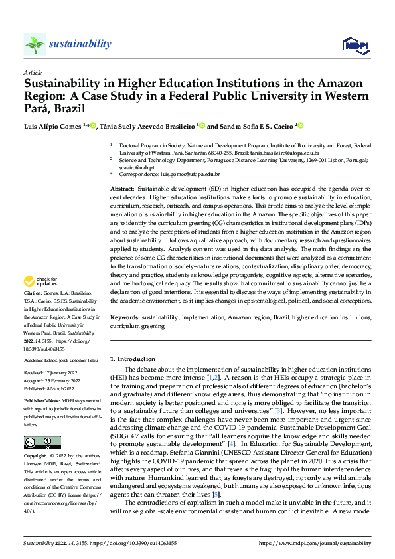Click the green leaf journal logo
(35, 44)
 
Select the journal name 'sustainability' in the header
(80, 44)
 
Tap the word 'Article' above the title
(33, 72)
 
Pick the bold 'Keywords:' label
(126, 318)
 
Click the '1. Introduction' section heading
(132, 359)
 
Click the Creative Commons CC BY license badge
(42, 442)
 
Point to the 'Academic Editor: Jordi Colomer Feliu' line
(60, 360)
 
